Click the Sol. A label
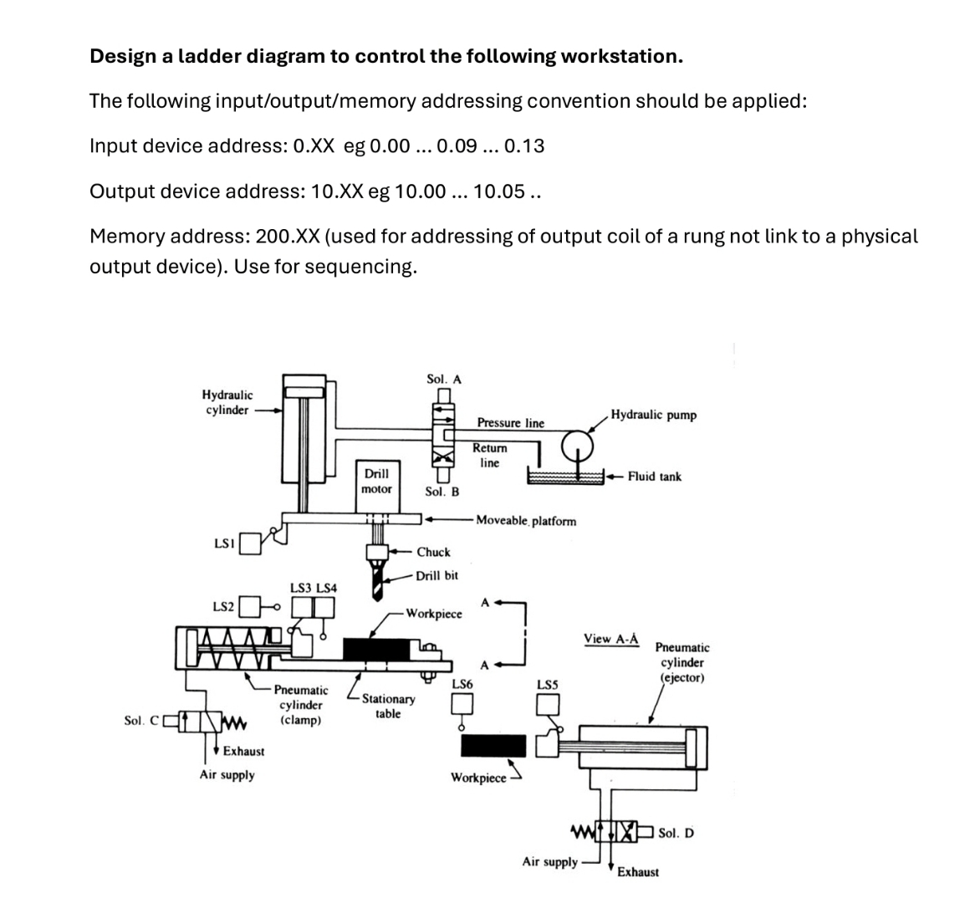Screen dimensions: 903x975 tap(443, 379)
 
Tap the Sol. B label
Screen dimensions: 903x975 tap(442, 492)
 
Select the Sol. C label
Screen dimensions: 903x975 tap(140, 720)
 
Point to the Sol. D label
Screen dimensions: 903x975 tap(676, 832)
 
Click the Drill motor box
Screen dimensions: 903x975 tap(375, 481)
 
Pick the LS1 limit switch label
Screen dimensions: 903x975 tap(223, 544)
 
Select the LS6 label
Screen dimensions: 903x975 tap(462, 683)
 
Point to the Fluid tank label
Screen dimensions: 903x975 tap(654, 477)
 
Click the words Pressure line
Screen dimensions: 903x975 tap(510, 423)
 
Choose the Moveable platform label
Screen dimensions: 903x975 tap(525, 521)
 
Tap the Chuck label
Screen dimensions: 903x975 tap(433, 552)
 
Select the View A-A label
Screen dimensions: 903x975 tap(610, 639)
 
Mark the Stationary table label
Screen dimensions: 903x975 tap(388, 706)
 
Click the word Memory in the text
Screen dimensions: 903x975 tap(127, 237)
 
